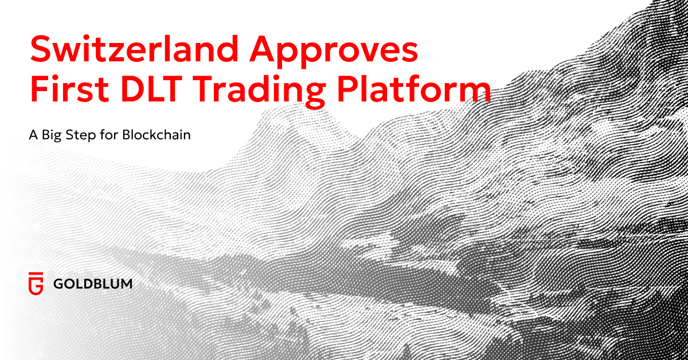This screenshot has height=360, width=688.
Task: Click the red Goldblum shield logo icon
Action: point(36,283)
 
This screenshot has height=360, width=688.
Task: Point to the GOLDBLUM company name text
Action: point(92,283)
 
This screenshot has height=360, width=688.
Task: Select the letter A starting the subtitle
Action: point(32,136)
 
